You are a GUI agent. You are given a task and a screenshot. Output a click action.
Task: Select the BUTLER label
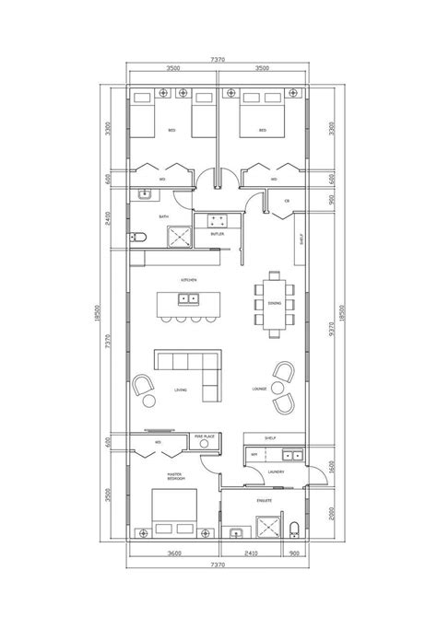click(x=218, y=234)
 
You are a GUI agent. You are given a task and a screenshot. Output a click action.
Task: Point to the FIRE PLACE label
click(x=206, y=437)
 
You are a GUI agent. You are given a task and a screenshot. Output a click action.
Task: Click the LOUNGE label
click(x=259, y=390)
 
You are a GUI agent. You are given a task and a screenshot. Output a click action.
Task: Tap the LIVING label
click(x=180, y=390)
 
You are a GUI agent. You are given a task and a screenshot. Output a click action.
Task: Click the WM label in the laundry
click(x=255, y=455)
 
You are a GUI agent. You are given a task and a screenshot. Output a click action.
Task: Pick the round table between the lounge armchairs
click(x=278, y=390)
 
